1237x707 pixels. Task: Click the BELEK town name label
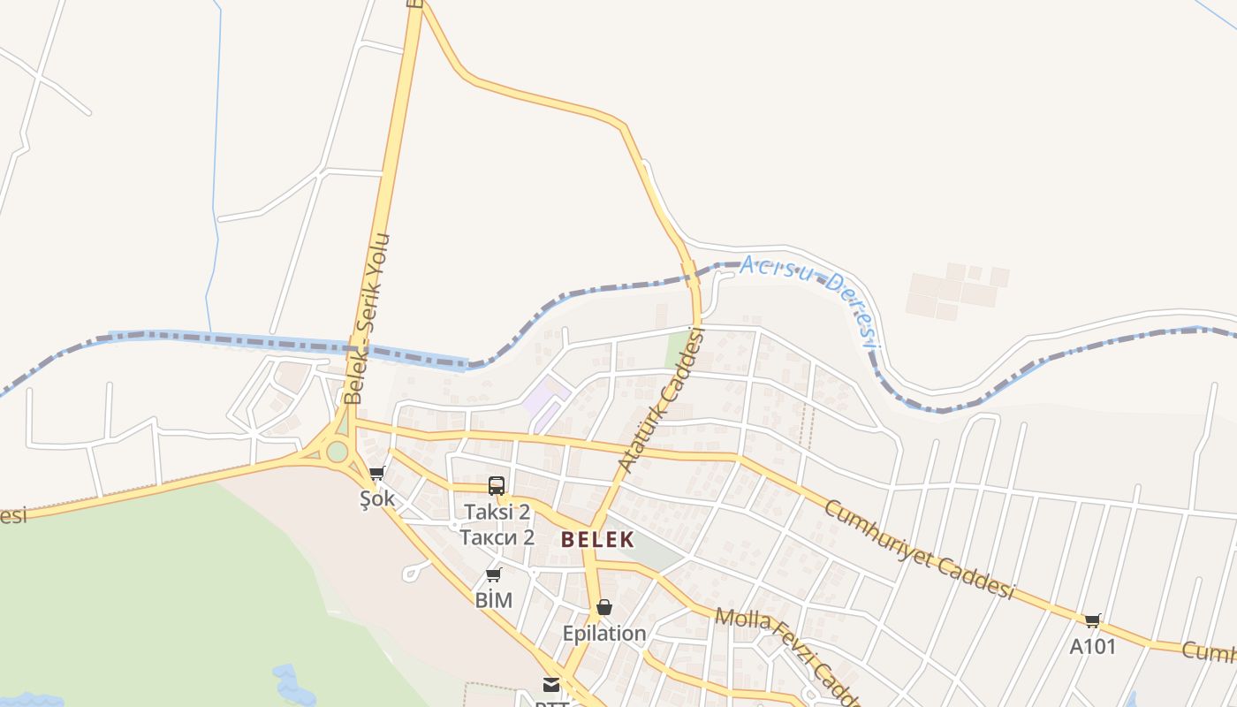(597, 539)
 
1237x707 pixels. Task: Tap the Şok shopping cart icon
(377, 473)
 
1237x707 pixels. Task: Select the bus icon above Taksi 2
(497, 485)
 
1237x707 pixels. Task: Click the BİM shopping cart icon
(494, 575)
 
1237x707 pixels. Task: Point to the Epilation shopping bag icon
(604, 607)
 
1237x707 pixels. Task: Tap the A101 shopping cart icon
(1093, 620)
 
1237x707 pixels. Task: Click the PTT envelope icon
(551, 684)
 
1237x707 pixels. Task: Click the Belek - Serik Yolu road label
(368, 318)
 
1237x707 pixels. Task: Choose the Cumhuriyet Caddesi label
(919, 549)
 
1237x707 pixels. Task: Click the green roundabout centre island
(337, 452)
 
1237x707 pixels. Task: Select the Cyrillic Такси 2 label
(497, 537)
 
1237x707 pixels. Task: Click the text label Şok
(377, 499)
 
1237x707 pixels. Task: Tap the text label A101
(1093, 647)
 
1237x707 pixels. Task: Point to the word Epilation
(604, 634)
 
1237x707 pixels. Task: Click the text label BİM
(494, 601)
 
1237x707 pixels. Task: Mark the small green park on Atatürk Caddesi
(677, 350)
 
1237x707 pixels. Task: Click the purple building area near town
(546, 402)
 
